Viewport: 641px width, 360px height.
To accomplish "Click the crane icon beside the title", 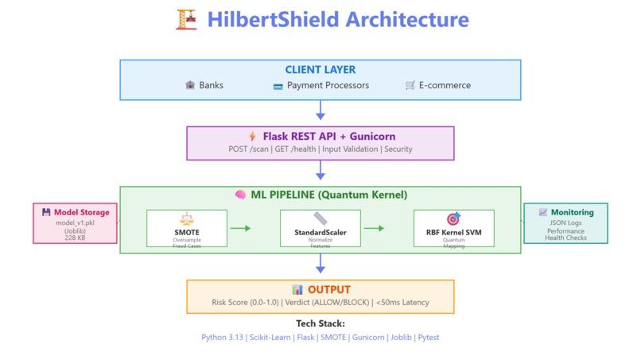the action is click(186, 20).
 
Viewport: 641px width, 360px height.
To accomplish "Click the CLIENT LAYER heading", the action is click(320, 70).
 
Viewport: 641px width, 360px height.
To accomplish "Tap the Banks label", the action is click(211, 85).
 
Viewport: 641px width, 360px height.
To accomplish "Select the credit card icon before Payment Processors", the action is click(278, 86).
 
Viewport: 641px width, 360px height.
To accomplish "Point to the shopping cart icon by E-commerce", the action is click(410, 85).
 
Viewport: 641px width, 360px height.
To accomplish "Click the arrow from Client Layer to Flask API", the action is click(320, 110).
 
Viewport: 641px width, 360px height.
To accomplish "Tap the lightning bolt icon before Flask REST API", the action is click(253, 136).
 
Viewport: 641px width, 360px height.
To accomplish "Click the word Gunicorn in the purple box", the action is click(372, 137).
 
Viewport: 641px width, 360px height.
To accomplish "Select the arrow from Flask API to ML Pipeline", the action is click(320, 170).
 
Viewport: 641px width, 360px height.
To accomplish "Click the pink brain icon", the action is click(241, 195).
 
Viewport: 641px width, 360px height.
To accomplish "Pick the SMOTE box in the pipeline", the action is click(187, 228).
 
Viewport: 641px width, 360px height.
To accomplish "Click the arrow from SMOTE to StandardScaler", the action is click(240, 228).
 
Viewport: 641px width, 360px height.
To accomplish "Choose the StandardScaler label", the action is click(320, 233).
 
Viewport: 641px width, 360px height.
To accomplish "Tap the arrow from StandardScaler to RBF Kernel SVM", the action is click(374, 228).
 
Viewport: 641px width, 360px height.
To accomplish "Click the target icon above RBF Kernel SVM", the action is click(453, 219).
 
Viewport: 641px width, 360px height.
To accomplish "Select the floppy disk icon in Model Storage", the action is click(46, 212).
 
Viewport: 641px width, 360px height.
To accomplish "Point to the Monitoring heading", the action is click(573, 212).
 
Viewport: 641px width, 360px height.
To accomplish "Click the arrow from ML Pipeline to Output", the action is click(320, 263).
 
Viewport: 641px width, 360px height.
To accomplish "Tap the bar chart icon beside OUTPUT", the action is click(297, 290).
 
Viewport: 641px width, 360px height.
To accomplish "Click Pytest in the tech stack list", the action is click(429, 338).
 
